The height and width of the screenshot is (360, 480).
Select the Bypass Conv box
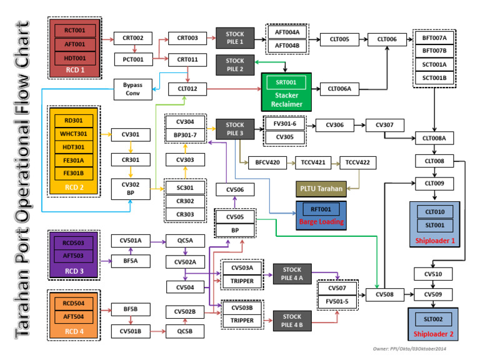[x=132, y=89]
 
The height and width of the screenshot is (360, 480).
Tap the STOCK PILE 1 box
[x=235, y=38]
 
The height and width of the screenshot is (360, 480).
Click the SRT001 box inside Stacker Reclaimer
[x=286, y=82]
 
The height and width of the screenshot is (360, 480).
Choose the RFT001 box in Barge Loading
[x=321, y=209]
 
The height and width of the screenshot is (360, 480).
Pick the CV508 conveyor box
[x=384, y=294]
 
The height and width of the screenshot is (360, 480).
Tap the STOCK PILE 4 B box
[x=292, y=321]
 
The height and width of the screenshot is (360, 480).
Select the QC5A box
[x=185, y=240]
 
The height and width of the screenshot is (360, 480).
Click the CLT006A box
[x=339, y=89]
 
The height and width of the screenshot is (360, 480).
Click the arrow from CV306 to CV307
[x=359, y=124]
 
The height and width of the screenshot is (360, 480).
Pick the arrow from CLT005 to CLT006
[x=363, y=39]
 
